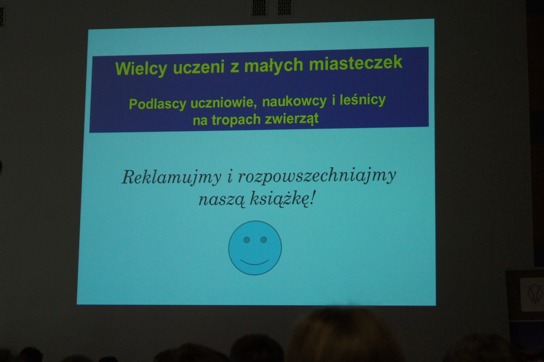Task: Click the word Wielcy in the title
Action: tap(141, 69)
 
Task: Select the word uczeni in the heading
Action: tap(198, 67)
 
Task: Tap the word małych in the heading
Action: tap(273, 66)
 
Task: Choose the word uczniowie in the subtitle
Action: tap(224, 103)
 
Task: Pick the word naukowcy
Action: tap(294, 102)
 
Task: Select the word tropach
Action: tap(236, 120)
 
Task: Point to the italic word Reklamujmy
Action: tap(172, 177)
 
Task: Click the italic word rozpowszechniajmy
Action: tap(317, 176)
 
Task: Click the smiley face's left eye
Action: tap(247, 240)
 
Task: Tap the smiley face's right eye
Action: tap(264, 240)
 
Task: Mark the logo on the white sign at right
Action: tap(534, 294)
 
